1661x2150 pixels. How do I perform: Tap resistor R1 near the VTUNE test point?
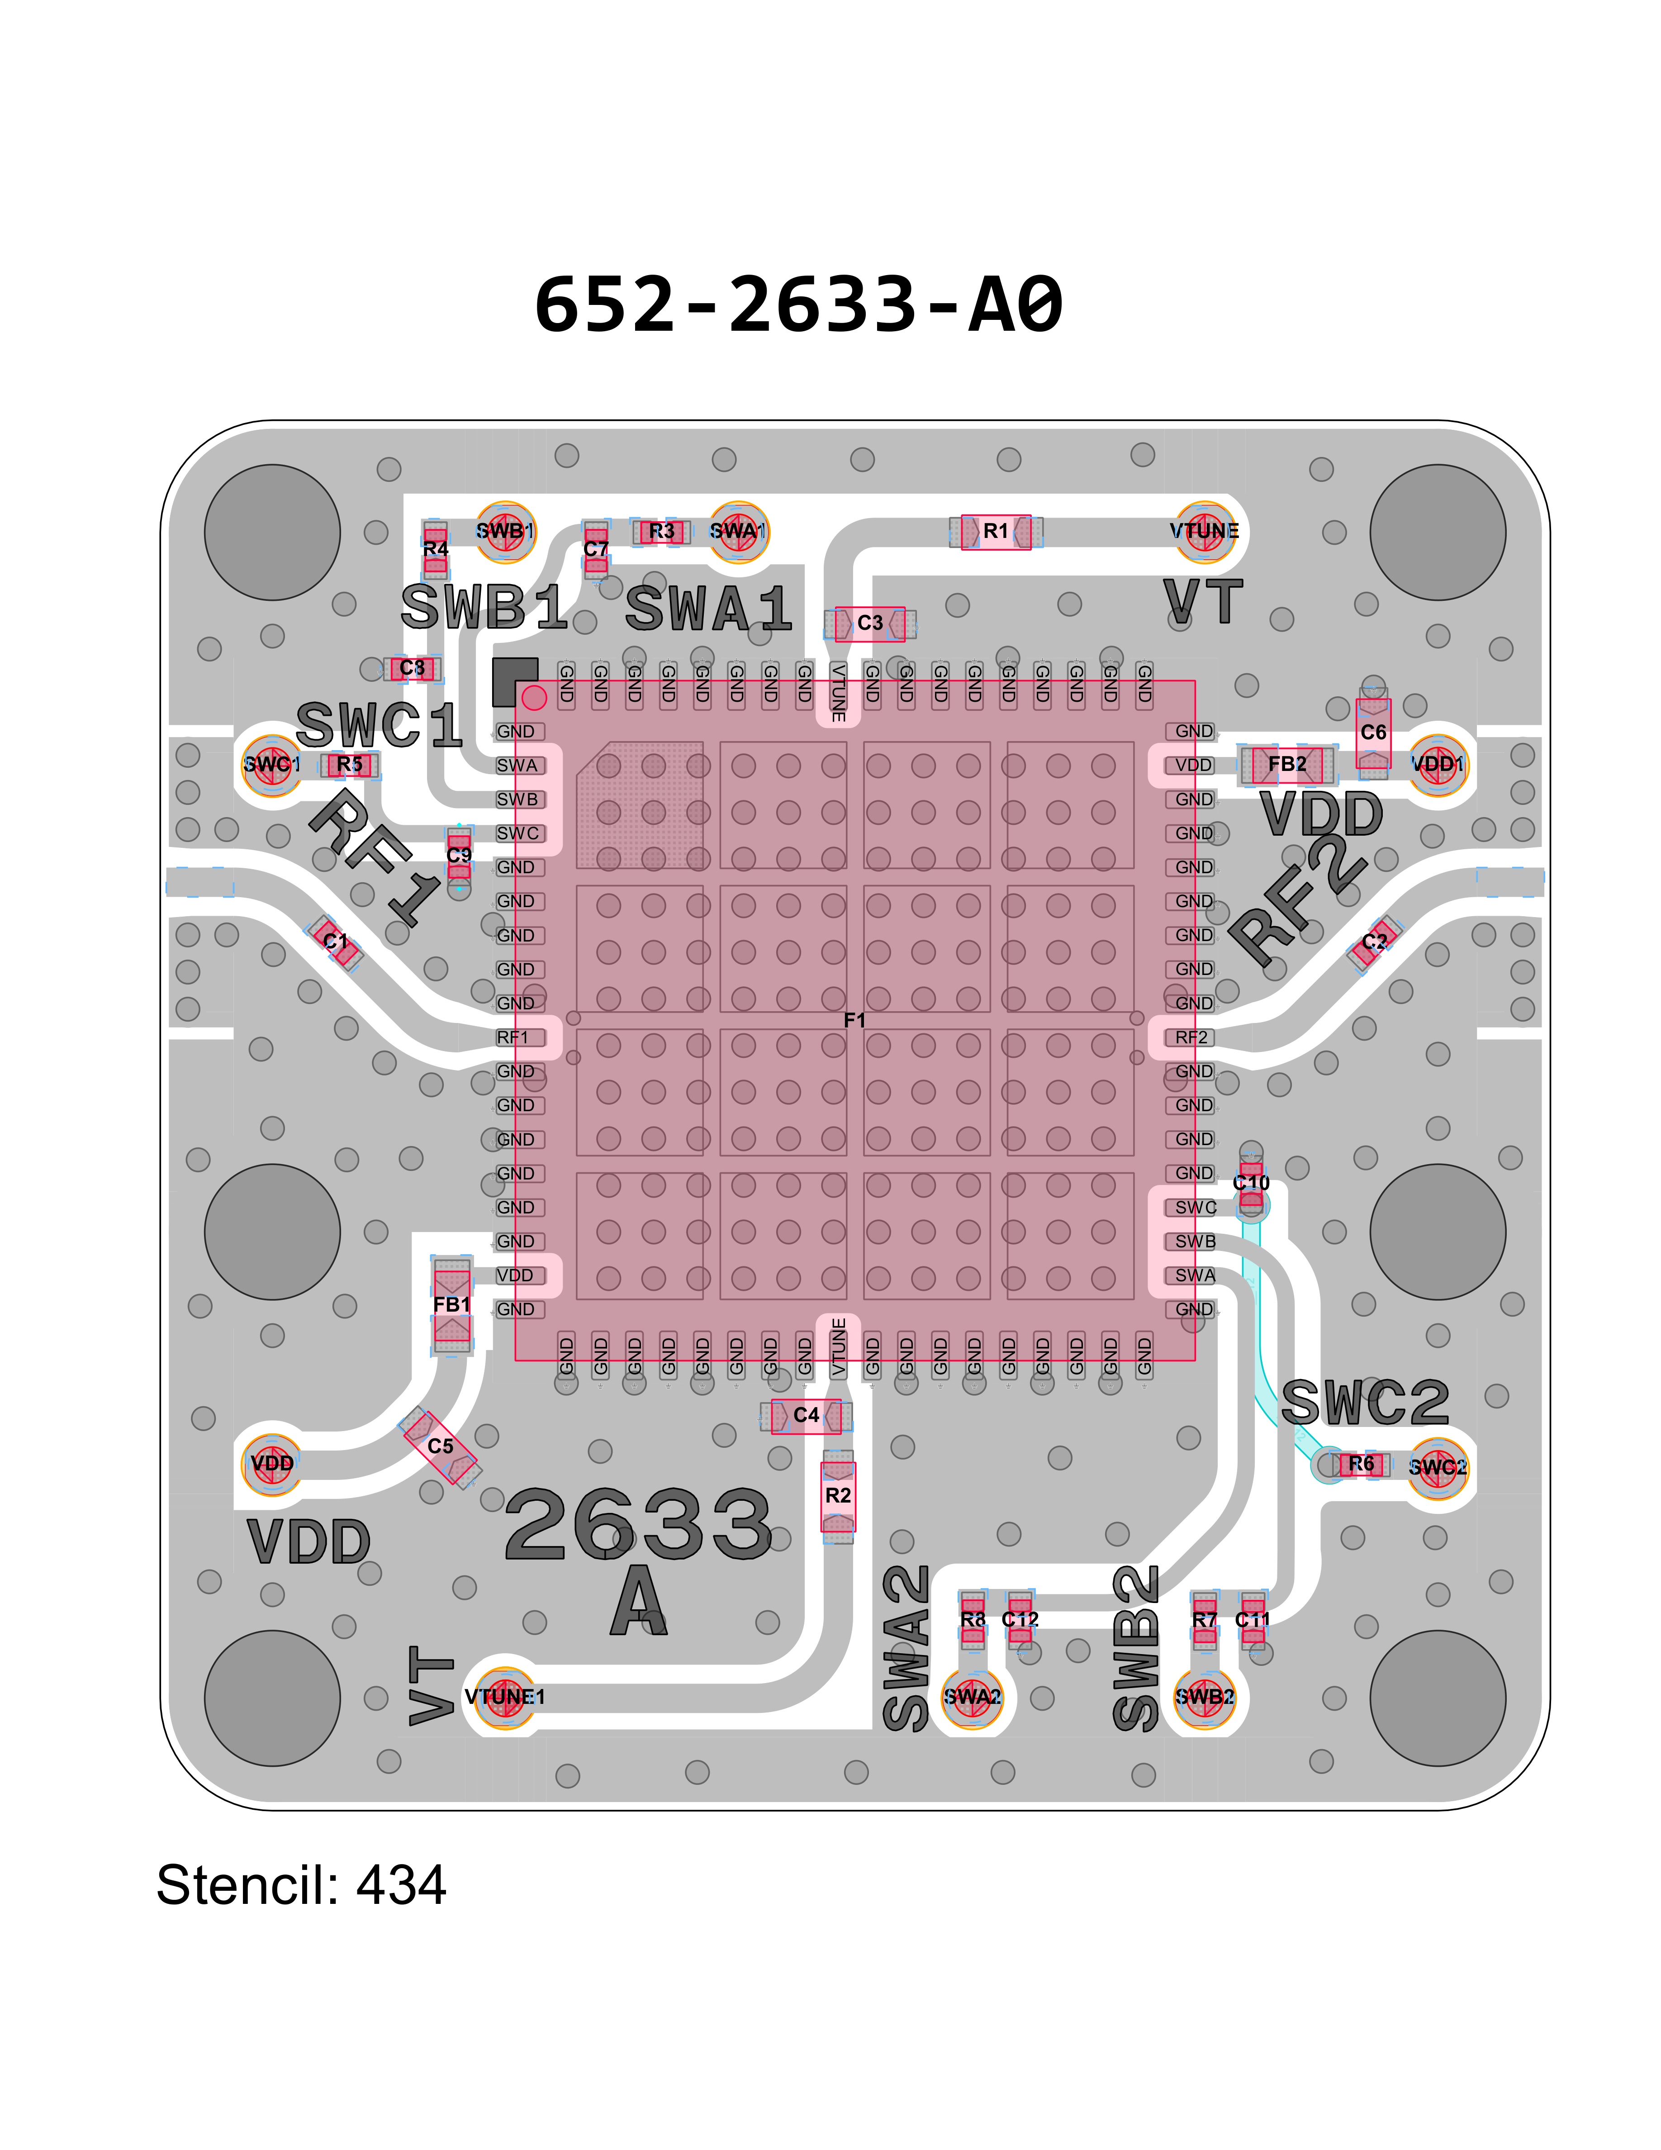point(996,532)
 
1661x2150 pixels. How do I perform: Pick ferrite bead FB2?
point(1287,765)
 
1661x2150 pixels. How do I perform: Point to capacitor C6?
point(1373,733)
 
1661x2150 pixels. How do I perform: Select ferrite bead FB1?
point(451,1304)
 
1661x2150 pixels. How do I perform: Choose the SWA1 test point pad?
point(738,532)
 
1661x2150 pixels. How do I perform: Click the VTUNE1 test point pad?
point(505,1696)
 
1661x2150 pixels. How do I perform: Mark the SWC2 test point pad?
point(1438,1467)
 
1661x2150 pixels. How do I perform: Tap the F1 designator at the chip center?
point(854,1020)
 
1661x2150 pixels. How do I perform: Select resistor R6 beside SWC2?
point(1361,1464)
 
